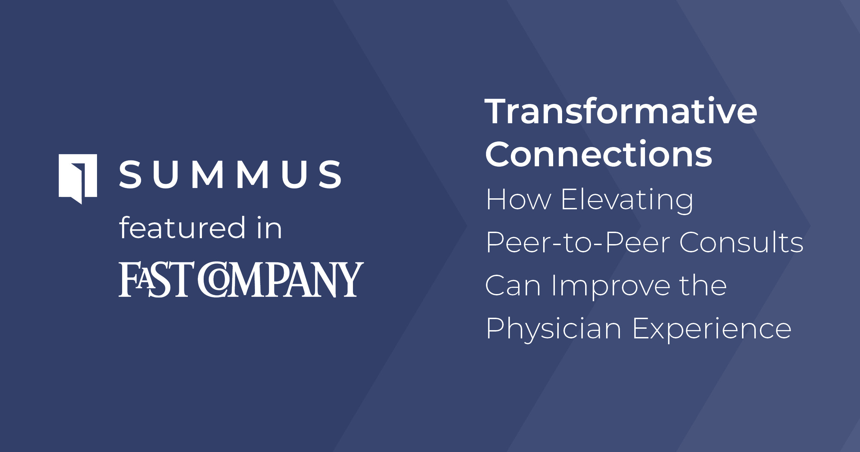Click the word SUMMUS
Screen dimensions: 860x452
[230, 175]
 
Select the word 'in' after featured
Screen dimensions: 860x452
[270, 228]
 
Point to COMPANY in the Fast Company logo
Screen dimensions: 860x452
[281, 279]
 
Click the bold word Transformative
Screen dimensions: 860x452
[621, 111]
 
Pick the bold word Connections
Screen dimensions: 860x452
[598, 154]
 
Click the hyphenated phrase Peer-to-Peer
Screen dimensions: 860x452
[578, 242]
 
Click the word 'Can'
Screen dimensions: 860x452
[513, 285]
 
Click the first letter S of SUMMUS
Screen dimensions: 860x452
[130, 175]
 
